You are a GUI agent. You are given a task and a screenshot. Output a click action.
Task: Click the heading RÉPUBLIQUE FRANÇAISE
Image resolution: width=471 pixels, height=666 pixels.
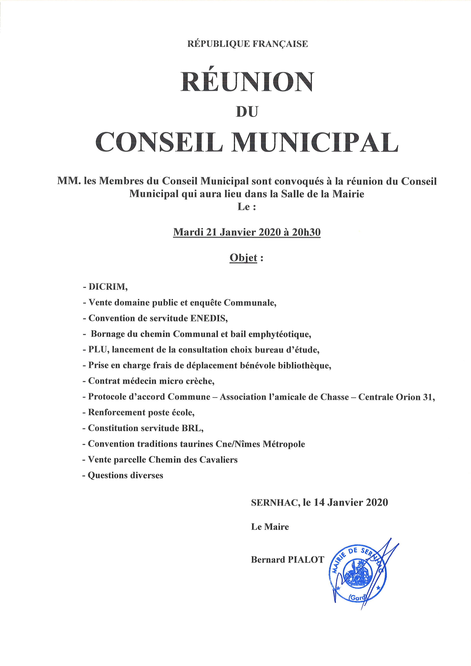(247, 44)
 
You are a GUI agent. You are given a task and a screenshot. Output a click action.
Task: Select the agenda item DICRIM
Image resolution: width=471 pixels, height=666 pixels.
(108, 287)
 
